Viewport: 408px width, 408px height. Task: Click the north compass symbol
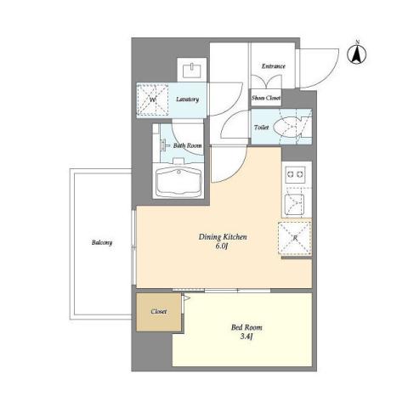click(x=358, y=54)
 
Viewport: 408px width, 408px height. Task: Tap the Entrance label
click(x=272, y=66)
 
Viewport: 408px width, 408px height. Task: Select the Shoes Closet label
click(x=266, y=99)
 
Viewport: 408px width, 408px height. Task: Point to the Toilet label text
click(x=262, y=127)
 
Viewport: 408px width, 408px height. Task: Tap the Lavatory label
click(x=187, y=99)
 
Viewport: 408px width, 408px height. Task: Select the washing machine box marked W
click(x=154, y=100)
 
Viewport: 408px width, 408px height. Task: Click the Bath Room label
click(x=188, y=145)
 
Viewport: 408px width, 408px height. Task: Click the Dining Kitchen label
click(x=223, y=237)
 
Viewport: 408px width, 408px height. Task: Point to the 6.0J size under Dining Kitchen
click(x=224, y=248)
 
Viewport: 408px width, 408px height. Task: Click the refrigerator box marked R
click(x=294, y=237)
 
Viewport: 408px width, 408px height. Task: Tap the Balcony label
click(x=102, y=242)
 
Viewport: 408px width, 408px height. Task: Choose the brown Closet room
click(x=158, y=311)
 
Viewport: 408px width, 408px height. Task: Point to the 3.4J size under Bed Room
click(x=245, y=338)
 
